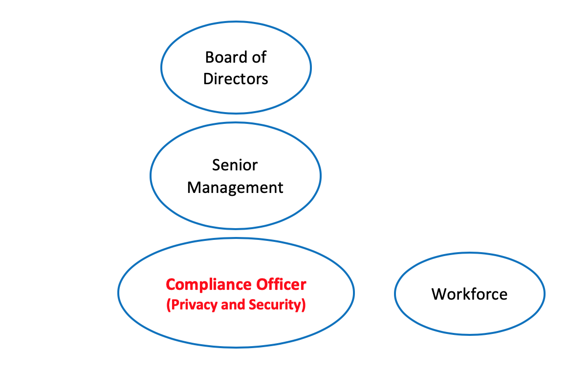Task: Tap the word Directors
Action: pos(236,79)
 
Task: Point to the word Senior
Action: pos(235,165)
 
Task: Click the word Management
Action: pos(235,188)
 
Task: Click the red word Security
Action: pos(275,305)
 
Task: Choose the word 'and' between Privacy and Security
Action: pos(233,305)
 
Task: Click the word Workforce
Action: pos(469,294)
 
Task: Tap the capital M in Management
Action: pos(194,188)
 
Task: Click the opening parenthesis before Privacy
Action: pos(168,305)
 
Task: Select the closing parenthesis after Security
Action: pos(304,305)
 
